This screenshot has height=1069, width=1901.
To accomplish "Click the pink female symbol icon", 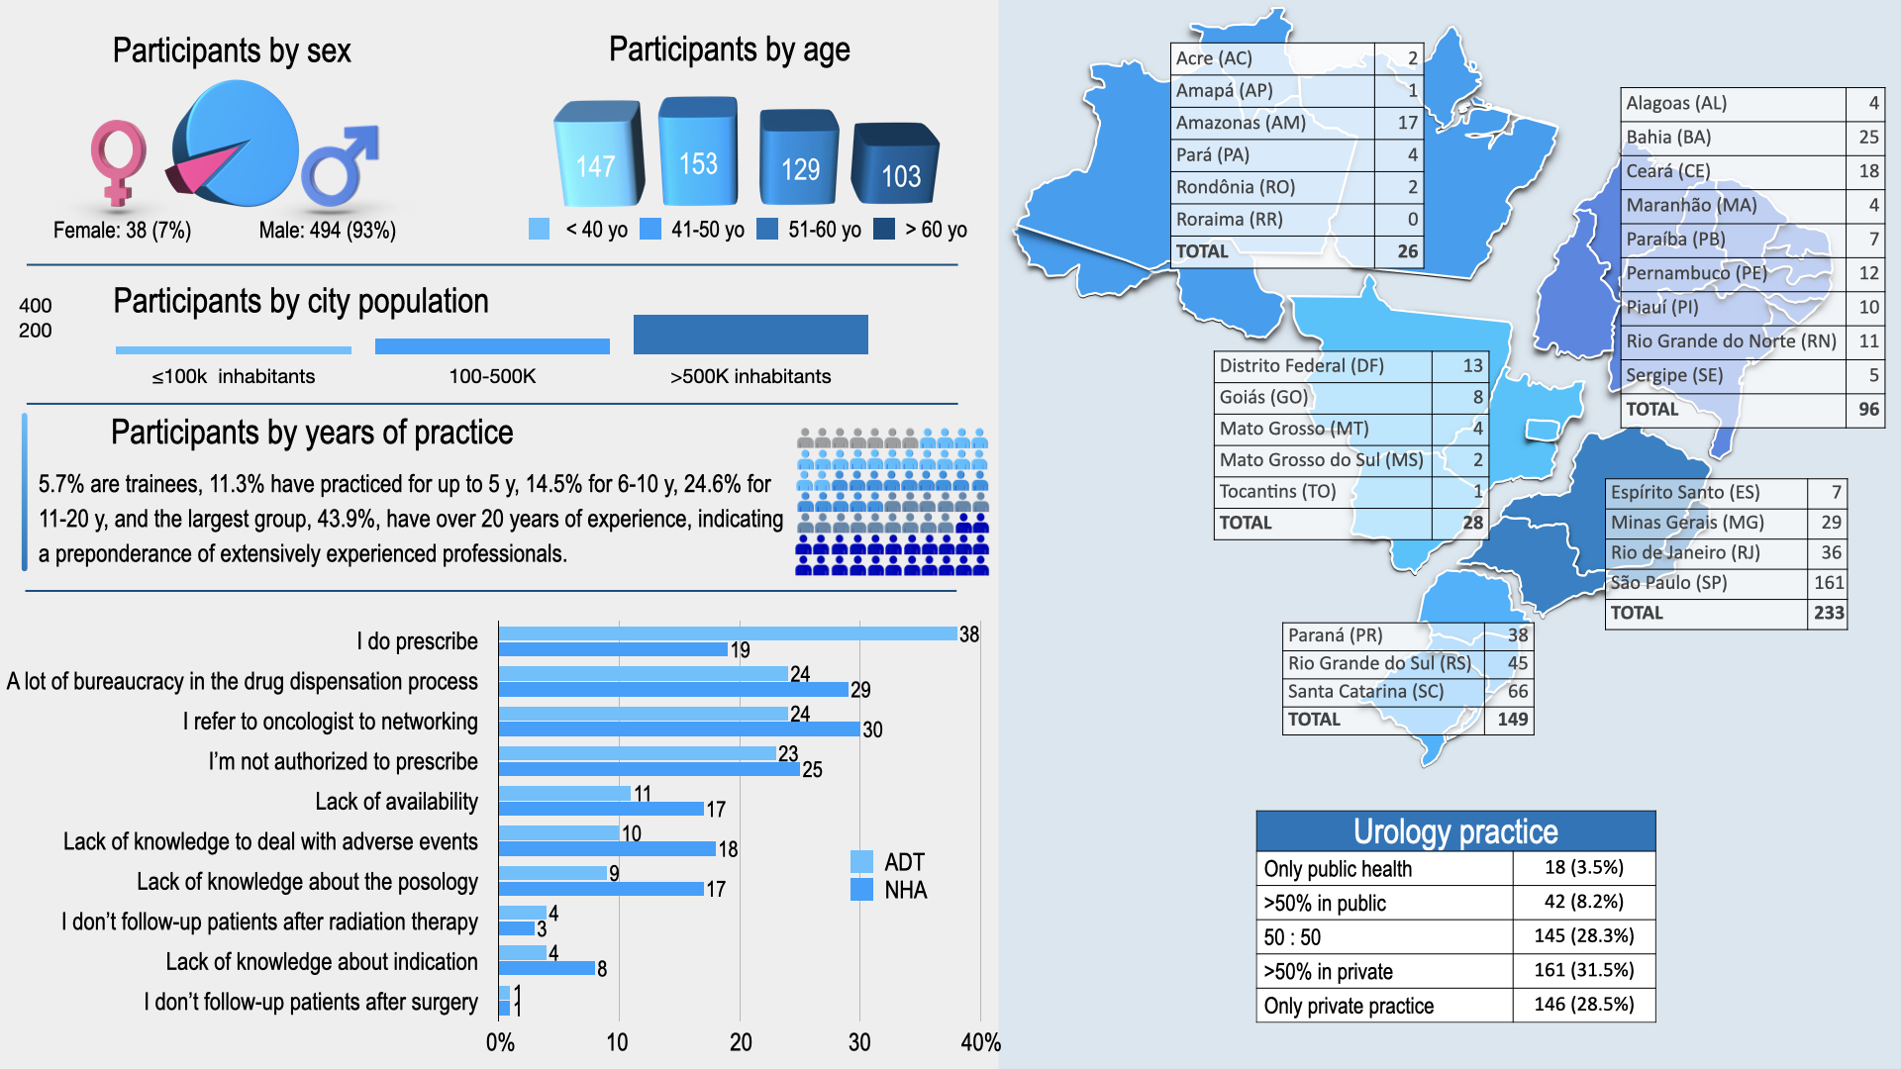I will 118,161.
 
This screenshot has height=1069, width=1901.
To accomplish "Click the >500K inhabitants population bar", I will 750,335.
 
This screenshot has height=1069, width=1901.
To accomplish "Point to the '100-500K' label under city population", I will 492,376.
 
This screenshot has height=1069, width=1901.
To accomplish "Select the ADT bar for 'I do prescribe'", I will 728,633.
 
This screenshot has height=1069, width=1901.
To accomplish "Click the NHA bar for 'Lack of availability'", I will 601,809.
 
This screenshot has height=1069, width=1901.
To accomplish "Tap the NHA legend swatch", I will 861,890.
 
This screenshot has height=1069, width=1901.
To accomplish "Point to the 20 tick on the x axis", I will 741,1042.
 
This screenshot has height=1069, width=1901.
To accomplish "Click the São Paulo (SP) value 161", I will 1828,583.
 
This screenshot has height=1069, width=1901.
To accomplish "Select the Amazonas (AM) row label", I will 1241,123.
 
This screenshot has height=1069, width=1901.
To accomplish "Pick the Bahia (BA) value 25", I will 1867,137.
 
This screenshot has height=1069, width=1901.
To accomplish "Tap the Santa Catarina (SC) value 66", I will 1517,691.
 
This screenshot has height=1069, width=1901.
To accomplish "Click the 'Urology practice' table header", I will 1455,831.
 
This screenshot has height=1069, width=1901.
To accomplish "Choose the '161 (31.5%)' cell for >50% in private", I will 1583,970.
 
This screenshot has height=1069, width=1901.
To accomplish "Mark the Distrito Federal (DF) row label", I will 1301,365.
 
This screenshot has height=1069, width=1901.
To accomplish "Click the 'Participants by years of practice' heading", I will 312,433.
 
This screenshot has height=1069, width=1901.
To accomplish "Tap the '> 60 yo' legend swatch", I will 884,230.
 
